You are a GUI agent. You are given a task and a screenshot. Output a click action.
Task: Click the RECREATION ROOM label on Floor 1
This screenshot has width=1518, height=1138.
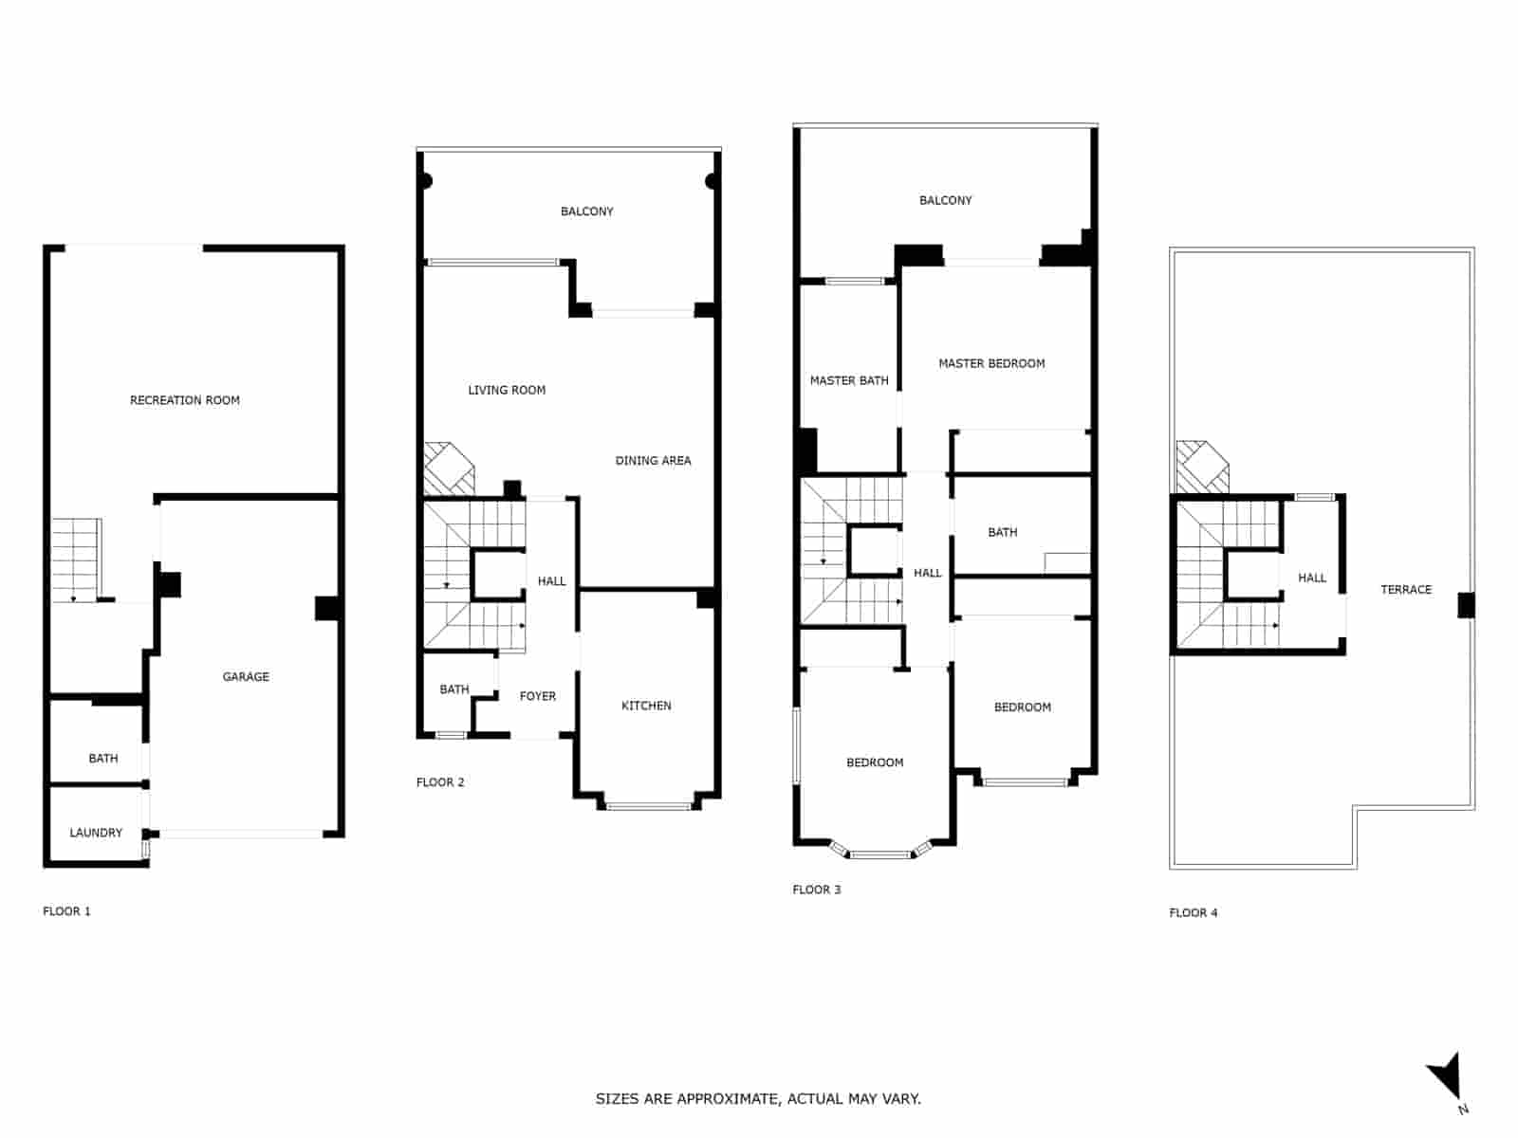pyautogui.click(x=185, y=400)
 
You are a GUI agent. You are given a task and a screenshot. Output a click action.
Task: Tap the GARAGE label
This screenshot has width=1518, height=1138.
pyautogui.click(x=246, y=676)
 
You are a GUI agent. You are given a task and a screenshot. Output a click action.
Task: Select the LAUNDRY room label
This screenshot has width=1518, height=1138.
pyautogui.click(x=96, y=833)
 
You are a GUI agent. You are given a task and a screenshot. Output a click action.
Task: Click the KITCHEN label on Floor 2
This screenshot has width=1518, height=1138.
pyautogui.click(x=646, y=706)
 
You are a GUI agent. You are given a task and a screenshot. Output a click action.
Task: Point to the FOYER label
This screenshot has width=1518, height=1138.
pyautogui.click(x=538, y=696)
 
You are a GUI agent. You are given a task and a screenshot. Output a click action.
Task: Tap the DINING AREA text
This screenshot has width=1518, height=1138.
pyautogui.click(x=653, y=461)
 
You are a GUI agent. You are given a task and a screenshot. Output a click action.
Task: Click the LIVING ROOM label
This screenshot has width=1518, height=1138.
pyautogui.click(x=507, y=390)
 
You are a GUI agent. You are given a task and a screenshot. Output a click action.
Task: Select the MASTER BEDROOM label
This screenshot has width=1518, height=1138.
pyautogui.click(x=991, y=363)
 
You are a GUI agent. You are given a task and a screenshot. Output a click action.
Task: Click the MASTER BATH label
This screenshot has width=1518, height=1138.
pyautogui.click(x=849, y=380)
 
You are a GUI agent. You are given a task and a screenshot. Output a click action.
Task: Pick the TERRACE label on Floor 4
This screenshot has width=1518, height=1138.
pyautogui.click(x=1405, y=590)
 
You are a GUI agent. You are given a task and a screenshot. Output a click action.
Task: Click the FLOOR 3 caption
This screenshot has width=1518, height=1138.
pyautogui.click(x=816, y=890)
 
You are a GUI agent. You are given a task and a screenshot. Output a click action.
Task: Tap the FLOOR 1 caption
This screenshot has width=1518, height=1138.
pyautogui.click(x=66, y=911)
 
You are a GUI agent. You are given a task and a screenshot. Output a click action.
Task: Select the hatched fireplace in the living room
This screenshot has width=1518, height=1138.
pyautogui.click(x=447, y=468)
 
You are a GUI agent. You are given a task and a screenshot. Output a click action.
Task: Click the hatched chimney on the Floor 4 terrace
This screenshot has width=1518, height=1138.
pyautogui.click(x=1200, y=468)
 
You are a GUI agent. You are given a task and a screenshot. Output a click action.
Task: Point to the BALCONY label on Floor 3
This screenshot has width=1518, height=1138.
pyautogui.click(x=945, y=200)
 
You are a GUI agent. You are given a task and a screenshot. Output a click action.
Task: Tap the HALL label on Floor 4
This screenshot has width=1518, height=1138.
pyautogui.click(x=1312, y=578)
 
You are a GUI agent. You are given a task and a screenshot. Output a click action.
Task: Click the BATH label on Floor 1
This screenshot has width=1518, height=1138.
pyautogui.click(x=103, y=759)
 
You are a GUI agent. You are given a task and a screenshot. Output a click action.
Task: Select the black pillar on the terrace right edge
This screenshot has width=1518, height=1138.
pyautogui.click(x=1466, y=605)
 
